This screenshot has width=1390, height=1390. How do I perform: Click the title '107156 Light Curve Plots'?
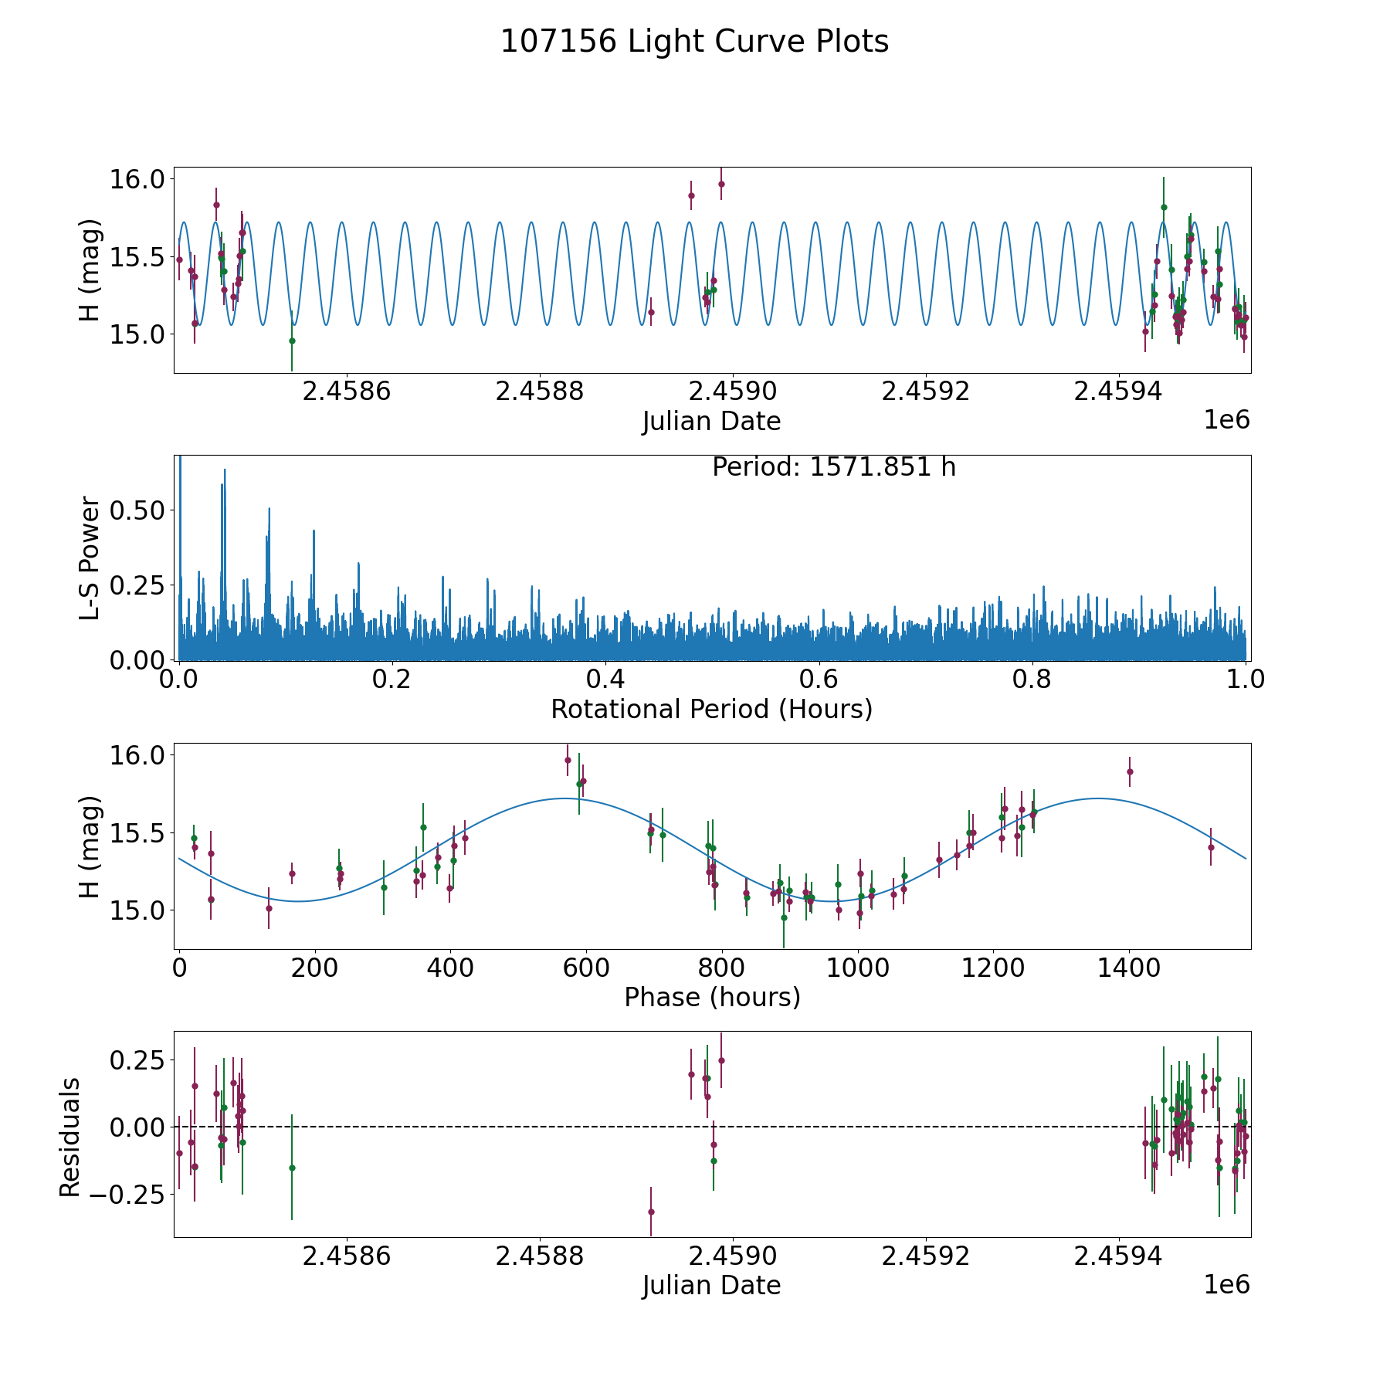pyautogui.click(x=694, y=42)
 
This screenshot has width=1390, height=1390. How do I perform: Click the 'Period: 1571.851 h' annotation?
pyautogui.click(x=833, y=467)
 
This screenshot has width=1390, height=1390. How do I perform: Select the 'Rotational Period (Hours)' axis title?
pyautogui.click(x=711, y=709)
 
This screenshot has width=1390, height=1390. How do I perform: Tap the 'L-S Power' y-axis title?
pyautogui.click(x=90, y=558)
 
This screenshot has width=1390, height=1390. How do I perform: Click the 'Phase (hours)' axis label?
pyautogui.click(x=711, y=997)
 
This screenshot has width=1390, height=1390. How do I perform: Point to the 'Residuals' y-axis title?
pyautogui.click(x=70, y=1137)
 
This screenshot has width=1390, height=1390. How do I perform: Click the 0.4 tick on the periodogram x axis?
pyautogui.click(x=605, y=680)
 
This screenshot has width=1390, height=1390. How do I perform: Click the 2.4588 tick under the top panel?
pyautogui.click(x=539, y=392)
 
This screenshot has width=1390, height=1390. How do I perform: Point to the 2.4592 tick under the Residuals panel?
pyautogui.click(x=925, y=1256)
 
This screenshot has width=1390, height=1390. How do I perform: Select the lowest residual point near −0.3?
pyautogui.click(x=651, y=1212)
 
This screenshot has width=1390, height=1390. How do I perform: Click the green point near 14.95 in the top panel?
pyautogui.click(x=292, y=341)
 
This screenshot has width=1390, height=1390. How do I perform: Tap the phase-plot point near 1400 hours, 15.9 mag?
pyautogui.click(x=1130, y=771)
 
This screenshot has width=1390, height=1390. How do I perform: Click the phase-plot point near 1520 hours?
pyautogui.click(x=1211, y=847)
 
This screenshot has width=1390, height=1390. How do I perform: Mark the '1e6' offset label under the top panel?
pyautogui.click(x=1226, y=420)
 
